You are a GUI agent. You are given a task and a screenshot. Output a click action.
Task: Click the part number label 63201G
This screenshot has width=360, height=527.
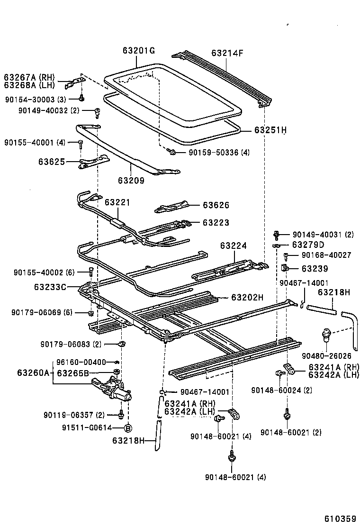tap(139, 51)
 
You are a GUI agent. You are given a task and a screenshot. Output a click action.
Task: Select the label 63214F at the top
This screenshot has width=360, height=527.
tap(227, 53)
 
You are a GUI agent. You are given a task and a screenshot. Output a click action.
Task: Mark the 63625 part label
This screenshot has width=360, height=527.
tap(52, 162)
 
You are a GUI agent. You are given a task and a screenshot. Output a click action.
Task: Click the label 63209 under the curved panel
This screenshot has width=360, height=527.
tap(131, 180)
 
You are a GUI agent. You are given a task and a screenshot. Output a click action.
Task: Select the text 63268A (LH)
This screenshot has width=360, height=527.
tap(29, 85)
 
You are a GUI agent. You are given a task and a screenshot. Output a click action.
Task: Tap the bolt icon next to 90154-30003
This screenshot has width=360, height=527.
tap(82, 98)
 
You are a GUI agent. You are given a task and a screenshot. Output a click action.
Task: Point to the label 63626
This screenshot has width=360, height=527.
tap(216, 205)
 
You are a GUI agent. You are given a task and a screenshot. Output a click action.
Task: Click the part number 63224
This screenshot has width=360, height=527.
tap(233, 246)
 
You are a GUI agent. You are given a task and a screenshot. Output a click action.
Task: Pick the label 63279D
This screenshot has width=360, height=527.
tap(308, 245)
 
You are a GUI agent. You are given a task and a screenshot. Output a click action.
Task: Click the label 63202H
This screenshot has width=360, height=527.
tap(247, 297)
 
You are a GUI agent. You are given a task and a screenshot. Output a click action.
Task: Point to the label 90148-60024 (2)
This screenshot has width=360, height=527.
tap(281, 391)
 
